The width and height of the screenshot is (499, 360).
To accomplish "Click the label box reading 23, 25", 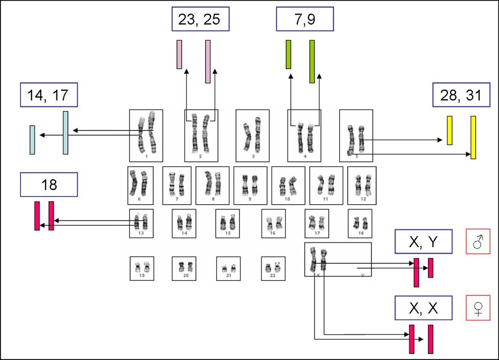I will [x=200, y=19].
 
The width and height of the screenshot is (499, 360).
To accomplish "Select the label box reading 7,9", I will [x=305, y=19].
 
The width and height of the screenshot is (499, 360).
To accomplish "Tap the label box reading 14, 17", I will [x=49, y=94].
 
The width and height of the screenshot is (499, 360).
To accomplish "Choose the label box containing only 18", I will [x=49, y=185].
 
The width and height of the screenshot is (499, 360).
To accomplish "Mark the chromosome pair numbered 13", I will [x=141, y=222].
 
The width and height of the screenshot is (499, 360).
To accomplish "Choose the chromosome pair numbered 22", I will [x=273, y=267].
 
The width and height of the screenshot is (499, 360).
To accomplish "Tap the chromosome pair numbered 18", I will [x=360, y=222].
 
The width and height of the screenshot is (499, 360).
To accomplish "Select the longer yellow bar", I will [x=473, y=137].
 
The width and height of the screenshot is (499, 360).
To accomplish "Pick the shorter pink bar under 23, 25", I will [x=179, y=54].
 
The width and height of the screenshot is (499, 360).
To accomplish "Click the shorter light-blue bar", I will [x=32, y=140].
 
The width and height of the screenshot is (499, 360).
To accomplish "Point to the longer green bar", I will [x=312, y=62].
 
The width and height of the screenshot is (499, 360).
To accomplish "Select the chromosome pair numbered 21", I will [x=228, y=268].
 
